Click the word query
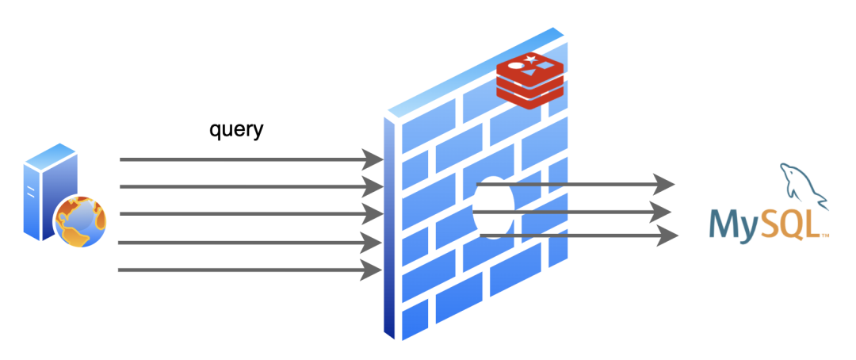235,129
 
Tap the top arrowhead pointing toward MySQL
664,185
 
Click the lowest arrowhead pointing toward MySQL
668,236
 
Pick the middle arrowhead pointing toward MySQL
664,212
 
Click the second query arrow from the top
246,187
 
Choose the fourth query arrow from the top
246,242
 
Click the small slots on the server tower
31,190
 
